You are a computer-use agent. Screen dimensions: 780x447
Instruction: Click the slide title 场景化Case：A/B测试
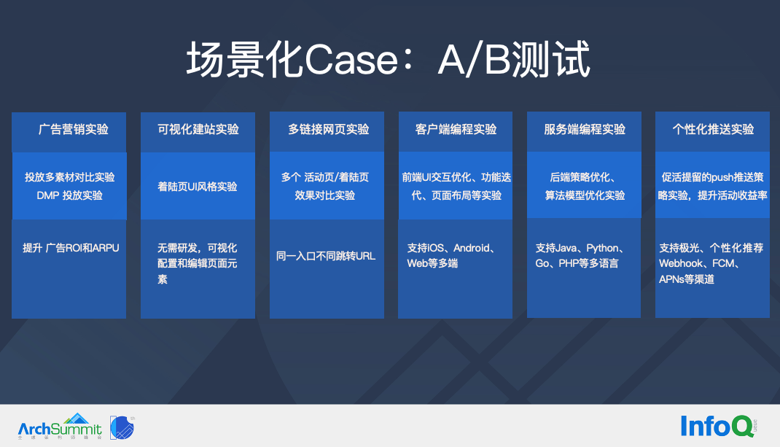tap(389, 60)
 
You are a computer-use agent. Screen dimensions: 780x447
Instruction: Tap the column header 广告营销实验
tap(74, 129)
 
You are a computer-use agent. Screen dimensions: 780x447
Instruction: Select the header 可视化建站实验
tap(198, 129)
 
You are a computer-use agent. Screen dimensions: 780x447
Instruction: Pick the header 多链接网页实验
tap(328, 129)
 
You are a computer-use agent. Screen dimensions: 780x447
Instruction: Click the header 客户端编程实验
tap(456, 129)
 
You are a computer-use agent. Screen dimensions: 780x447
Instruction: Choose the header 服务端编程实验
tap(585, 129)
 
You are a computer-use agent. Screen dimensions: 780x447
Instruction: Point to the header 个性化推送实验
tap(714, 129)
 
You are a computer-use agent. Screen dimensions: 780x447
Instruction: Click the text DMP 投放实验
tap(70, 195)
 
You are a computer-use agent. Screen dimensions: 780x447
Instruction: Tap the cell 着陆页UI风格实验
tap(198, 187)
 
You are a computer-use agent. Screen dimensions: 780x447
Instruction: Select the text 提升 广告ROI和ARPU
tap(71, 248)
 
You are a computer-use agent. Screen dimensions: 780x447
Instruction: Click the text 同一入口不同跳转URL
tap(326, 256)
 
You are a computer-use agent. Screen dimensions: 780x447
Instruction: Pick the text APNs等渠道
tap(687, 279)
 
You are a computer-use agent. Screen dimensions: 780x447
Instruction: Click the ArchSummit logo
tap(60, 427)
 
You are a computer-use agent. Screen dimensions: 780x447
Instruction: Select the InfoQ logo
tap(718, 426)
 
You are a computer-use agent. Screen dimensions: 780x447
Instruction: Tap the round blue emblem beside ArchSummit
tap(122, 427)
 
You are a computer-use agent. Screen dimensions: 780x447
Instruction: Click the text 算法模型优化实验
tap(585, 195)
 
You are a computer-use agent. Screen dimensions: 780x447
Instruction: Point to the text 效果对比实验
tap(325, 195)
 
